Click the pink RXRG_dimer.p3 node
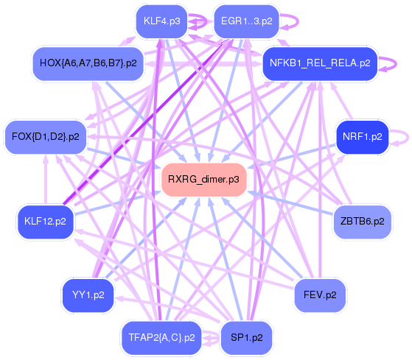(x=203, y=179)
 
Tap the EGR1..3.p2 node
(x=246, y=21)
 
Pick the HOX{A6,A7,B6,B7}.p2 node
(x=88, y=63)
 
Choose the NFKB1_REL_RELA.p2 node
(x=320, y=63)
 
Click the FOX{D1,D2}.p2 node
(x=46, y=136)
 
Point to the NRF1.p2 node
(x=362, y=136)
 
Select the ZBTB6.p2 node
(x=360, y=221)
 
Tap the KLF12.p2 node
(x=45, y=221)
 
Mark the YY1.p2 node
(x=88, y=295)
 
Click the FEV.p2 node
(x=320, y=294)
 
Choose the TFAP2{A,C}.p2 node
(x=161, y=337)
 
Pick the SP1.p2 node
(x=246, y=337)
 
